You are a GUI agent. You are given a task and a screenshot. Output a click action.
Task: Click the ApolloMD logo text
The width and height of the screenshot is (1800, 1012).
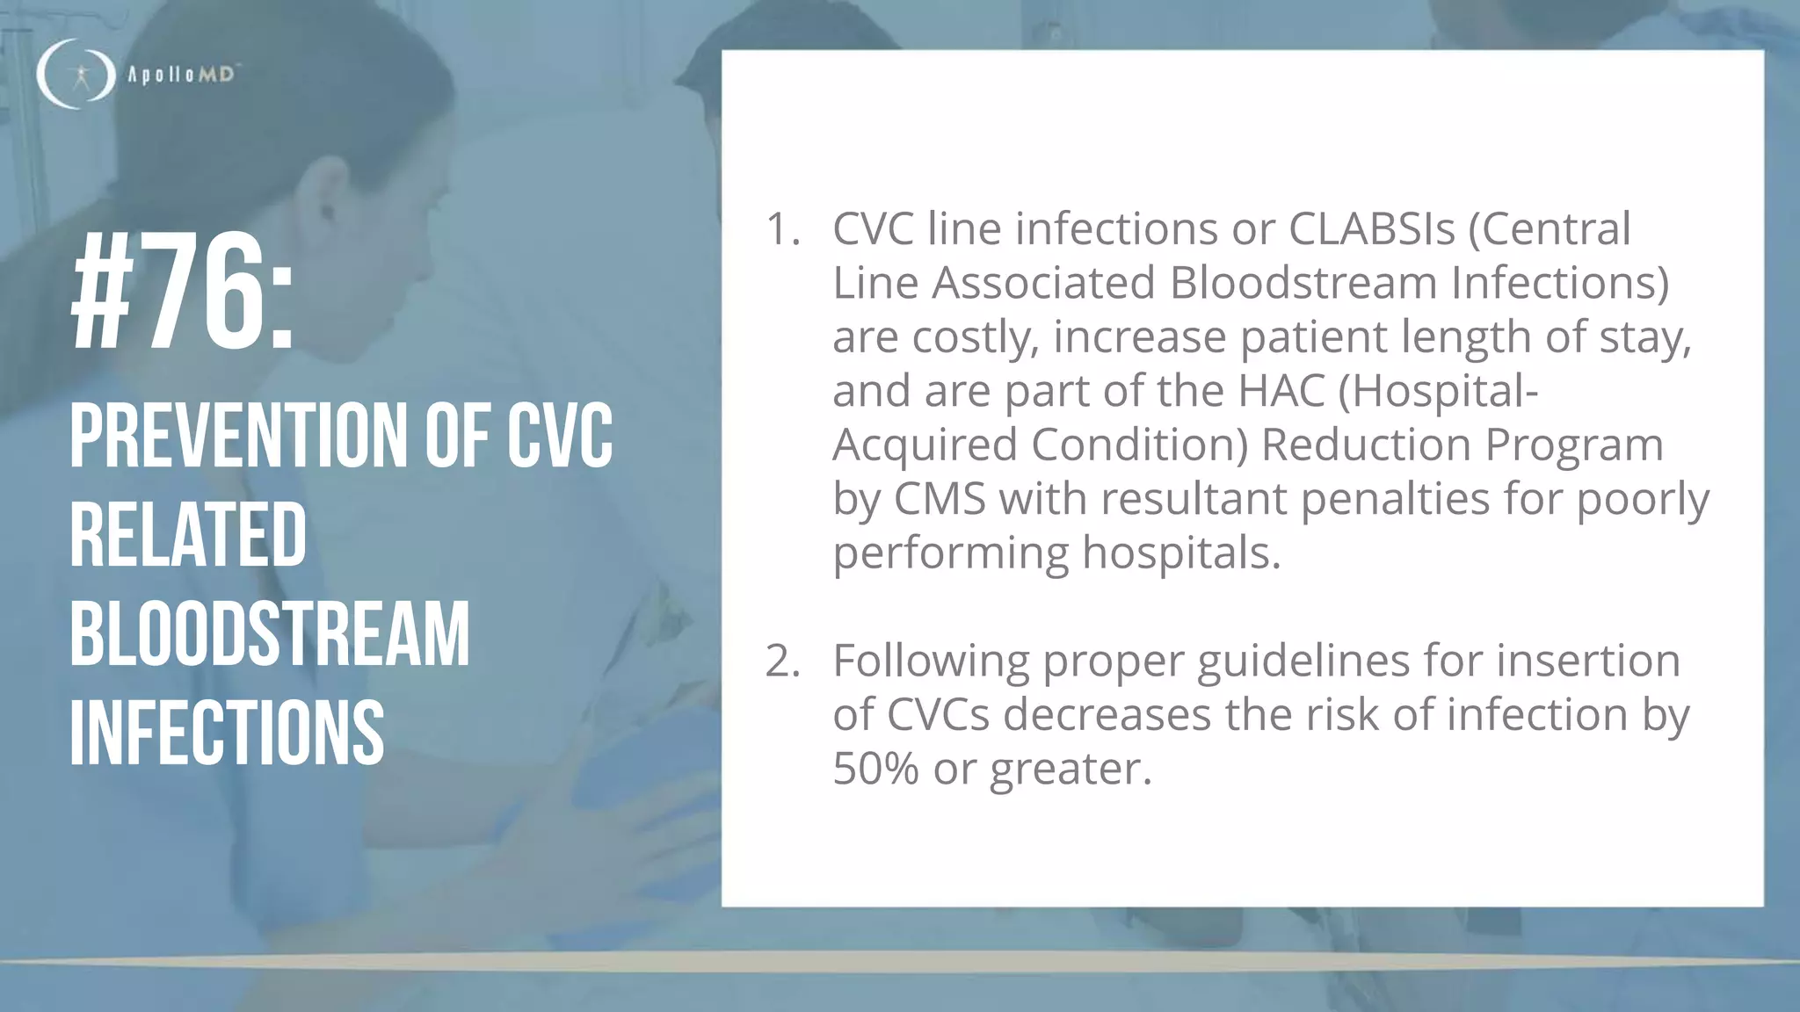(181, 76)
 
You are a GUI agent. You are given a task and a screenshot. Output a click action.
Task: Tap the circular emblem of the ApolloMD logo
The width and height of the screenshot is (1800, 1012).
(76, 75)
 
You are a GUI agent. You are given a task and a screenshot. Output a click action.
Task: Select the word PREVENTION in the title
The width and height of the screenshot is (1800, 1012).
(238, 436)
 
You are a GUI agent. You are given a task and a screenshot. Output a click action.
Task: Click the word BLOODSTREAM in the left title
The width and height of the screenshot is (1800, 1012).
(270, 634)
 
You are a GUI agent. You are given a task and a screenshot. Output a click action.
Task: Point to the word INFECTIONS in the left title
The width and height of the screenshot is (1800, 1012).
(227, 733)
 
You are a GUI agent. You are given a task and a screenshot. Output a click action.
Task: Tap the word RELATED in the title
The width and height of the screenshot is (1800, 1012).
(188, 535)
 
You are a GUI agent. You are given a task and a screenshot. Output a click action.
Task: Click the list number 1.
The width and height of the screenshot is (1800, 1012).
(781, 229)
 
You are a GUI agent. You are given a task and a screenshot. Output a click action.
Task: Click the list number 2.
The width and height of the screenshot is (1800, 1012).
(781, 661)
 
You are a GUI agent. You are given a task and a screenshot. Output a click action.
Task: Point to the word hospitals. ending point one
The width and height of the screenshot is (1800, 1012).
(1181, 553)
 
